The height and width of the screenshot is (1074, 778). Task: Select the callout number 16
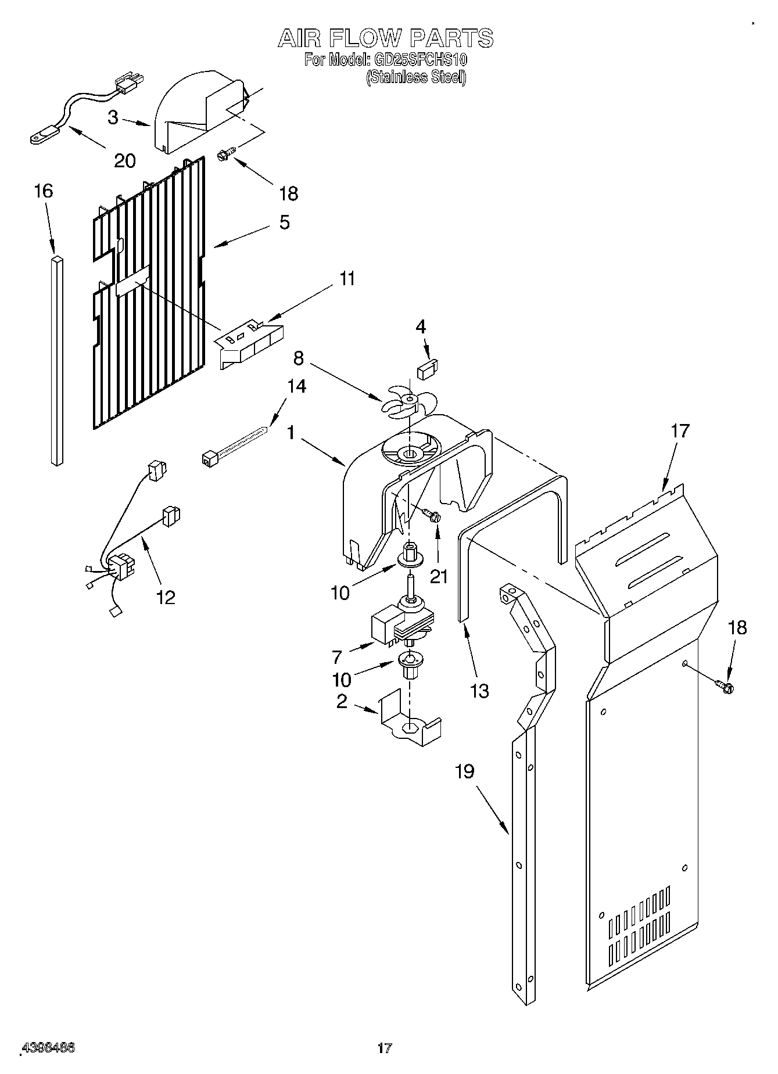point(44,191)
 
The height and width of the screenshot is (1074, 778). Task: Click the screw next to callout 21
point(431,515)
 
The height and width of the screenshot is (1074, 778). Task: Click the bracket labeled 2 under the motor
point(410,723)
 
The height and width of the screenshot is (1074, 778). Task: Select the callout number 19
point(465,772)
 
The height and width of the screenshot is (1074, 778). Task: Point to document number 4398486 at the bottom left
point(48,1048)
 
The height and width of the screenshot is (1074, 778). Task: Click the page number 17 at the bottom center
point(385,1048)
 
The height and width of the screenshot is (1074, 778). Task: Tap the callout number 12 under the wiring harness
point(166,597)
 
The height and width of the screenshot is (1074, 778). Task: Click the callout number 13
point(480,691)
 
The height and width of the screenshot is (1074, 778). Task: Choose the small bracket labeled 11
point(250,343)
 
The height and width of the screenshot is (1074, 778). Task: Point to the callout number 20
point(125,161)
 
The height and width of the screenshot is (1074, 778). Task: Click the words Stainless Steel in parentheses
point(416,77)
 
